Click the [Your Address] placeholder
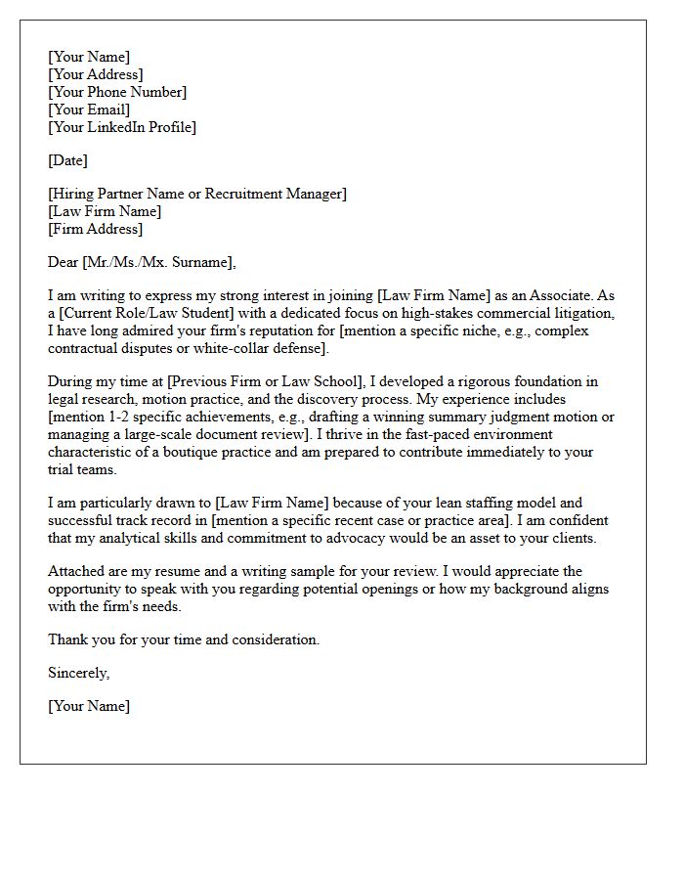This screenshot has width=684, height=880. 96,74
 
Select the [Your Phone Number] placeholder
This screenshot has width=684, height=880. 117,92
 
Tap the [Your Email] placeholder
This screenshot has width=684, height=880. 90,110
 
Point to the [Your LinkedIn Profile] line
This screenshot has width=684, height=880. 122,127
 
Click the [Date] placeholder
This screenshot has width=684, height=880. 67,160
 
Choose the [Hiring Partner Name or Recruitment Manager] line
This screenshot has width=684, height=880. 197,194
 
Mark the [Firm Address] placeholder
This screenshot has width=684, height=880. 95,229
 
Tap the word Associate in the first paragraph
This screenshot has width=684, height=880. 554,295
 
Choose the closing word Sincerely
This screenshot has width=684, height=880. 78,673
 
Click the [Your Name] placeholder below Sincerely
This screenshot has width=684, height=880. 89,706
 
